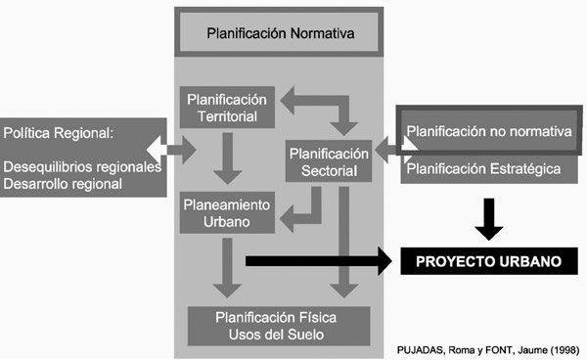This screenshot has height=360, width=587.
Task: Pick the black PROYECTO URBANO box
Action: tap(482, 261)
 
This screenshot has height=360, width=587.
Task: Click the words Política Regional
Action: tap(60, 130)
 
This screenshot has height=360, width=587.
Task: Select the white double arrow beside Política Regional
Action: tap(171, 149)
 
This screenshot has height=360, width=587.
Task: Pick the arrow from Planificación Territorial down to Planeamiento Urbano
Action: tap(228, 159)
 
